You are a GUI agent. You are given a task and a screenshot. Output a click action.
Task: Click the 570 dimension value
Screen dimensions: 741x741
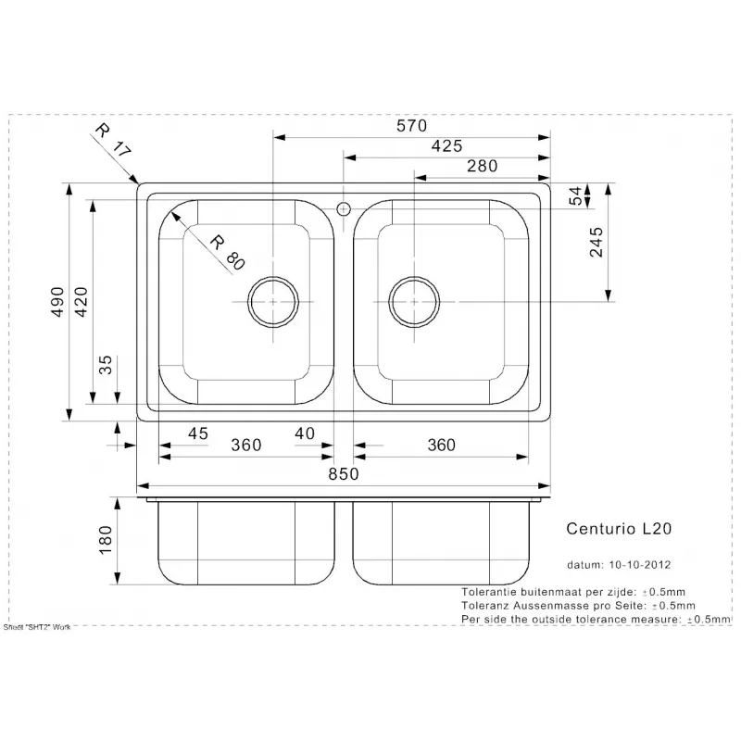(411, 126)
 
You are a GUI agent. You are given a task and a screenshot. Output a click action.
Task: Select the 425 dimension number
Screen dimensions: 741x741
(446, 146)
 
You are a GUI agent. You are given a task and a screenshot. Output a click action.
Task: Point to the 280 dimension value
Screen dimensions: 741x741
(482, 166)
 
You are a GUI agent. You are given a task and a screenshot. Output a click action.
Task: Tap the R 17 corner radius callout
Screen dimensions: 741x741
(112, 140)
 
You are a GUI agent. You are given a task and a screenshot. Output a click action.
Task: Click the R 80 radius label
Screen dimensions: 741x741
(227, 252)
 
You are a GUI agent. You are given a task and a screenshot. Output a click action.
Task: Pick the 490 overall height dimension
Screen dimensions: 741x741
(57, 302)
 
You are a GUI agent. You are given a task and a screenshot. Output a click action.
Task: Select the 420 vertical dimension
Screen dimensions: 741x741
(82, 302)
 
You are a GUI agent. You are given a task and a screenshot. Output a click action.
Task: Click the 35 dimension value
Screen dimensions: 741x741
(106, 365)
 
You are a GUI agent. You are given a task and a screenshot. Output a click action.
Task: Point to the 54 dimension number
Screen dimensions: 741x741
(575, 196)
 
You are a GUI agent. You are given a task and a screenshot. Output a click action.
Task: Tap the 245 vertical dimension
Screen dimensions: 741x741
(597, 242)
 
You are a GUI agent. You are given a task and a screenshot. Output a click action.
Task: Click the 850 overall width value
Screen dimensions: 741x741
(344, 474)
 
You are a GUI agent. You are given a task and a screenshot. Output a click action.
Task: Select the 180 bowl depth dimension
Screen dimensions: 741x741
(106, 540)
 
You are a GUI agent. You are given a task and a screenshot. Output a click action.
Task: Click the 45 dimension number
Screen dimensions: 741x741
(197, 433)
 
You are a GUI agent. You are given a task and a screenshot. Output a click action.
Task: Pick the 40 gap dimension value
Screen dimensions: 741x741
(305, 433)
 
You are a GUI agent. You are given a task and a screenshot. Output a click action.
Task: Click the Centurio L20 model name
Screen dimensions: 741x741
(619, 528)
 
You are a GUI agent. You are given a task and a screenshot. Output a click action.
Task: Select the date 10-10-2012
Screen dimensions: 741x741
(640, 564)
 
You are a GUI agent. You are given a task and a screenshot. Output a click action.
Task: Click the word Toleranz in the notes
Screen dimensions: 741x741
(482, 606)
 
